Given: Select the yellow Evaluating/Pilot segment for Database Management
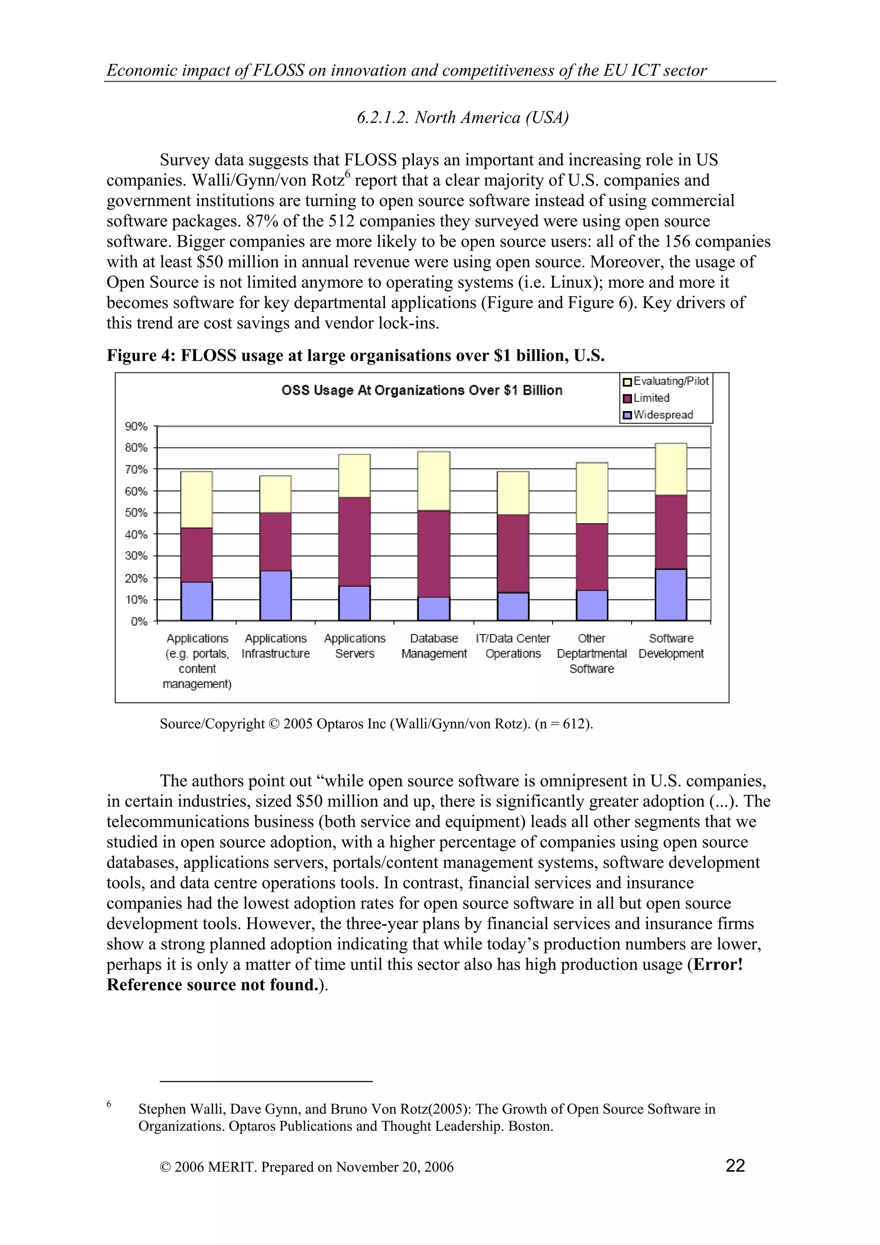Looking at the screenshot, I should pyautogui.click(x=433, y=481).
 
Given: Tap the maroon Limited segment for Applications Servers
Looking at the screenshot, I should pyautogui.click(x=354, y=541).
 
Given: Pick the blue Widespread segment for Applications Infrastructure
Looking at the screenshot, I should pyautogui.click(x=275, y=595).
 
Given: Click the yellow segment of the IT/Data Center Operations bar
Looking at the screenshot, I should pyautogui.click(x=513, y=493).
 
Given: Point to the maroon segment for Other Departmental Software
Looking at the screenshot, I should pyautogui.click(x=592, y=556).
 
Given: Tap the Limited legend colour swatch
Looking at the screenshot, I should pyautogui.click(x=627, y=399).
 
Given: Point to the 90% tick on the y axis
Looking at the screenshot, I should pyautogui.click(x=136, y=426).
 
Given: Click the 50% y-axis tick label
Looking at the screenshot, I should pyautogui.click(x=136, y=513).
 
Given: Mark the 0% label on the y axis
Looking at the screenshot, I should pyautogui.click(x=139, y=621).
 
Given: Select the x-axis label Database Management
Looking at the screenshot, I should pyautogui.click(x=434, y=646).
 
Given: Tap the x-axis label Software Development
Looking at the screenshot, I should pyautogui.click(x=671, y=646).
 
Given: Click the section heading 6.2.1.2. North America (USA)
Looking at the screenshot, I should pyautogui.click(x=462, y=118).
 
